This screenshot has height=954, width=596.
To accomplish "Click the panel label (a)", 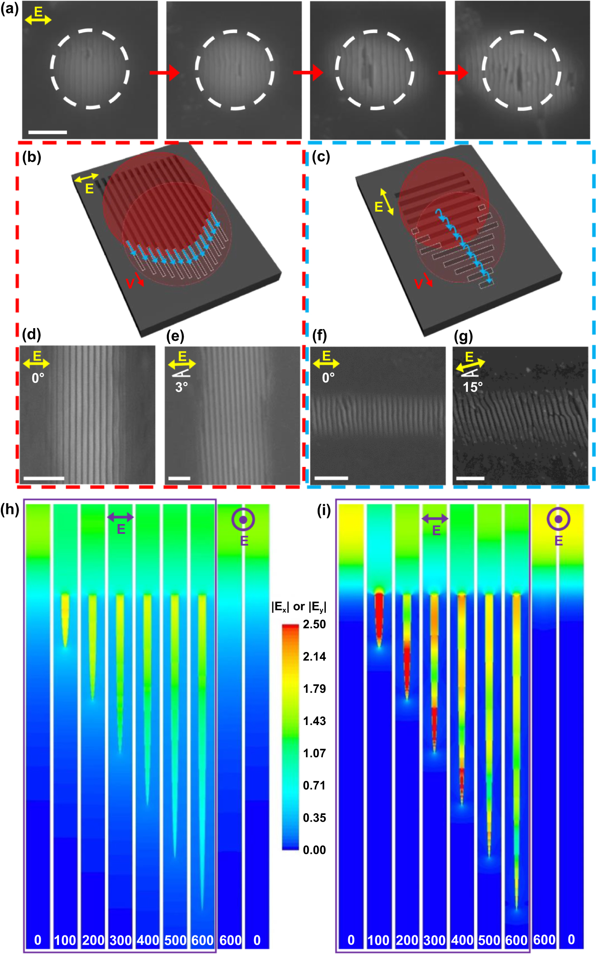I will click(x=9, y=8).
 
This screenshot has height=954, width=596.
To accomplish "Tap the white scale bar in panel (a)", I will click(x=48, y=132).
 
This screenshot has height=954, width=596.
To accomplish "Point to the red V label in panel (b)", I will click(x=130, y=283).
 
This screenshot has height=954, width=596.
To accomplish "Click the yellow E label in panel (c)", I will click(x=379, y=206).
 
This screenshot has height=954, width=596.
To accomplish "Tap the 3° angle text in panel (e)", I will click(x=182, y=387).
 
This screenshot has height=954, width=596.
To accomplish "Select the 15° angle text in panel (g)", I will click(x=473, y=387).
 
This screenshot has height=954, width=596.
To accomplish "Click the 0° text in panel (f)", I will click(x=328, y=377).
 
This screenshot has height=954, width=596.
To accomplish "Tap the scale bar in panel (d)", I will click(x=44, y=478).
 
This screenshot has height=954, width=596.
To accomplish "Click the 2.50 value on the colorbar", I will click(x=314, y=624).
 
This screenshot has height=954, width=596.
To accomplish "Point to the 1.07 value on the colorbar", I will click(x=314, y=753).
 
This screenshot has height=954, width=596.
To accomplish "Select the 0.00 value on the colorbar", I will click(x=314, y=850).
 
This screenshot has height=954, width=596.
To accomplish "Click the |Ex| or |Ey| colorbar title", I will click(x=299, y=607).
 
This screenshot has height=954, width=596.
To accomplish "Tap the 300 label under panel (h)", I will click(x=120, y=940).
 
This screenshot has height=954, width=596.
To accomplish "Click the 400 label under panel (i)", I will click(x=462, y=940).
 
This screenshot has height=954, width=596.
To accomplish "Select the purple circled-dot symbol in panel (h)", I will click(x=243, y=519).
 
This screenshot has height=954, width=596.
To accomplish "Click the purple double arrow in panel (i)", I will click(x=435, y=518).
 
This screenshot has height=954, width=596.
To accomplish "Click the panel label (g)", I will click(x=463, y=336).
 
